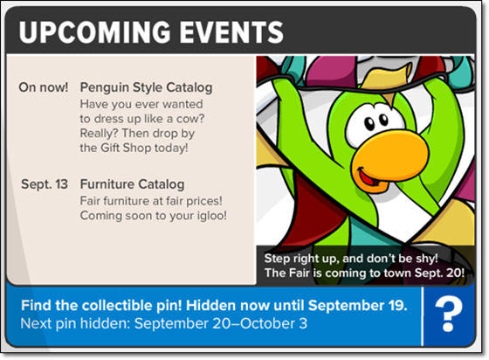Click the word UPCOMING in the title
pyautogui.click(x=95, y=31)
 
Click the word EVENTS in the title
pyautogui.click(x=231, y=31)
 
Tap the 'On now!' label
pyautogui.click(x=44, y=87)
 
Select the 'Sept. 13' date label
pyautogui.click(x=45, y=184)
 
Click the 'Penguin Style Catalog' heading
pyautogui.click(x=147, y=87)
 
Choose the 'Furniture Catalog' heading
pyautogui.click(x=132, y=184)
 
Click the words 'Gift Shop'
pyautogui.click(x=126, y=148)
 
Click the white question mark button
pyautogui.click(x=449, y=315)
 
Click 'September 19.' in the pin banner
pyautogui.click(x=358, y=306)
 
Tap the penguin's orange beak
pyautogui.click(x=389, y=159)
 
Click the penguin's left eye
pyautogui.click(x=370, y=124)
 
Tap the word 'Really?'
pyautogui.click(x=100, y=134)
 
